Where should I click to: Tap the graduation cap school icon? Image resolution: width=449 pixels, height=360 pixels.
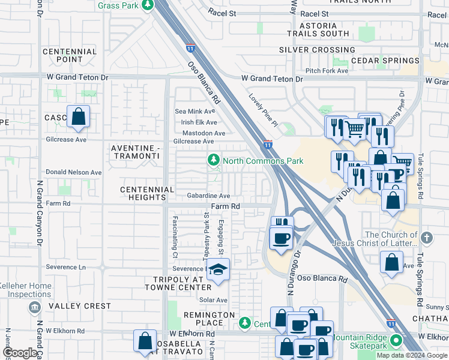tap(218, 271)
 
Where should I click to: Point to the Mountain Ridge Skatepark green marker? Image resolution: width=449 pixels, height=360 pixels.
tap(396, 341)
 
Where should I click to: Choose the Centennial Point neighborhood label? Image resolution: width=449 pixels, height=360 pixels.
tap(70, 55)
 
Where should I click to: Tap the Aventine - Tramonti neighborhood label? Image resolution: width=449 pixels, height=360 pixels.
tap(135, 151)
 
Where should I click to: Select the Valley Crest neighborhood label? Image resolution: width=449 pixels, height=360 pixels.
tap(80, 306)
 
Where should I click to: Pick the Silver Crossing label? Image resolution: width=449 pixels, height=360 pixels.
tap(317, 50)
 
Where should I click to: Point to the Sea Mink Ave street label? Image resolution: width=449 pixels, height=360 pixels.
tap(194, 111)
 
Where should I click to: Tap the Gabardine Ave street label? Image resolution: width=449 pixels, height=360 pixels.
tap(208, 196)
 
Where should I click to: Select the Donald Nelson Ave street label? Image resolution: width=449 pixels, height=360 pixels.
tap(74, 172)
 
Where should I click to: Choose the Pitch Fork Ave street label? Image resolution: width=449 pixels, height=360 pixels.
tap(327, 71)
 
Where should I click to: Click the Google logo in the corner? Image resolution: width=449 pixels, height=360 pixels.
tap(20, 353)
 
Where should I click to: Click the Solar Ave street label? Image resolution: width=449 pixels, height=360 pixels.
tap(214, 300)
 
